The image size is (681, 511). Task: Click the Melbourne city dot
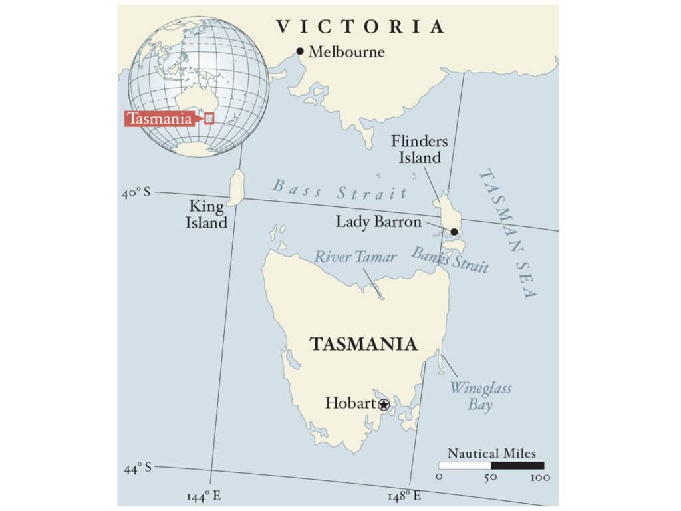pos(300,51)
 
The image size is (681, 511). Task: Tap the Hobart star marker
pos(384,404)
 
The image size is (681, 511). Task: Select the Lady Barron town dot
pos(454,232)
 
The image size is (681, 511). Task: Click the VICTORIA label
pos(360,27)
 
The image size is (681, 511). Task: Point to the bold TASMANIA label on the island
pos(363,344)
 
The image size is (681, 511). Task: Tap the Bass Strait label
pos(339,190)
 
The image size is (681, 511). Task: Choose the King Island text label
pos(206,214)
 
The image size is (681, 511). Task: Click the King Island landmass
pos(236,187)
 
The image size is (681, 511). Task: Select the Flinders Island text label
pos(420,150)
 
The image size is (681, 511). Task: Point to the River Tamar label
pos(355,257)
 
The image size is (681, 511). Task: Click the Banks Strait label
pos(450,259)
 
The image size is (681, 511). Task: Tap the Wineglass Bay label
pos(480,395)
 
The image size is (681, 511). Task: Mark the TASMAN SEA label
pos(509,233)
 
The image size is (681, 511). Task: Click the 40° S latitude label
pos(137,193)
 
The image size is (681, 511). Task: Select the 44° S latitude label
pos(138,468)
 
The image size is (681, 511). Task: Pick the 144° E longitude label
pos(204,496)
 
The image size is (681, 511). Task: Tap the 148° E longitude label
pos(404,496)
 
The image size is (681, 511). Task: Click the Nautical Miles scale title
pos(491,454)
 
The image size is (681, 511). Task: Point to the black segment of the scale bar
pos(517,466)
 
